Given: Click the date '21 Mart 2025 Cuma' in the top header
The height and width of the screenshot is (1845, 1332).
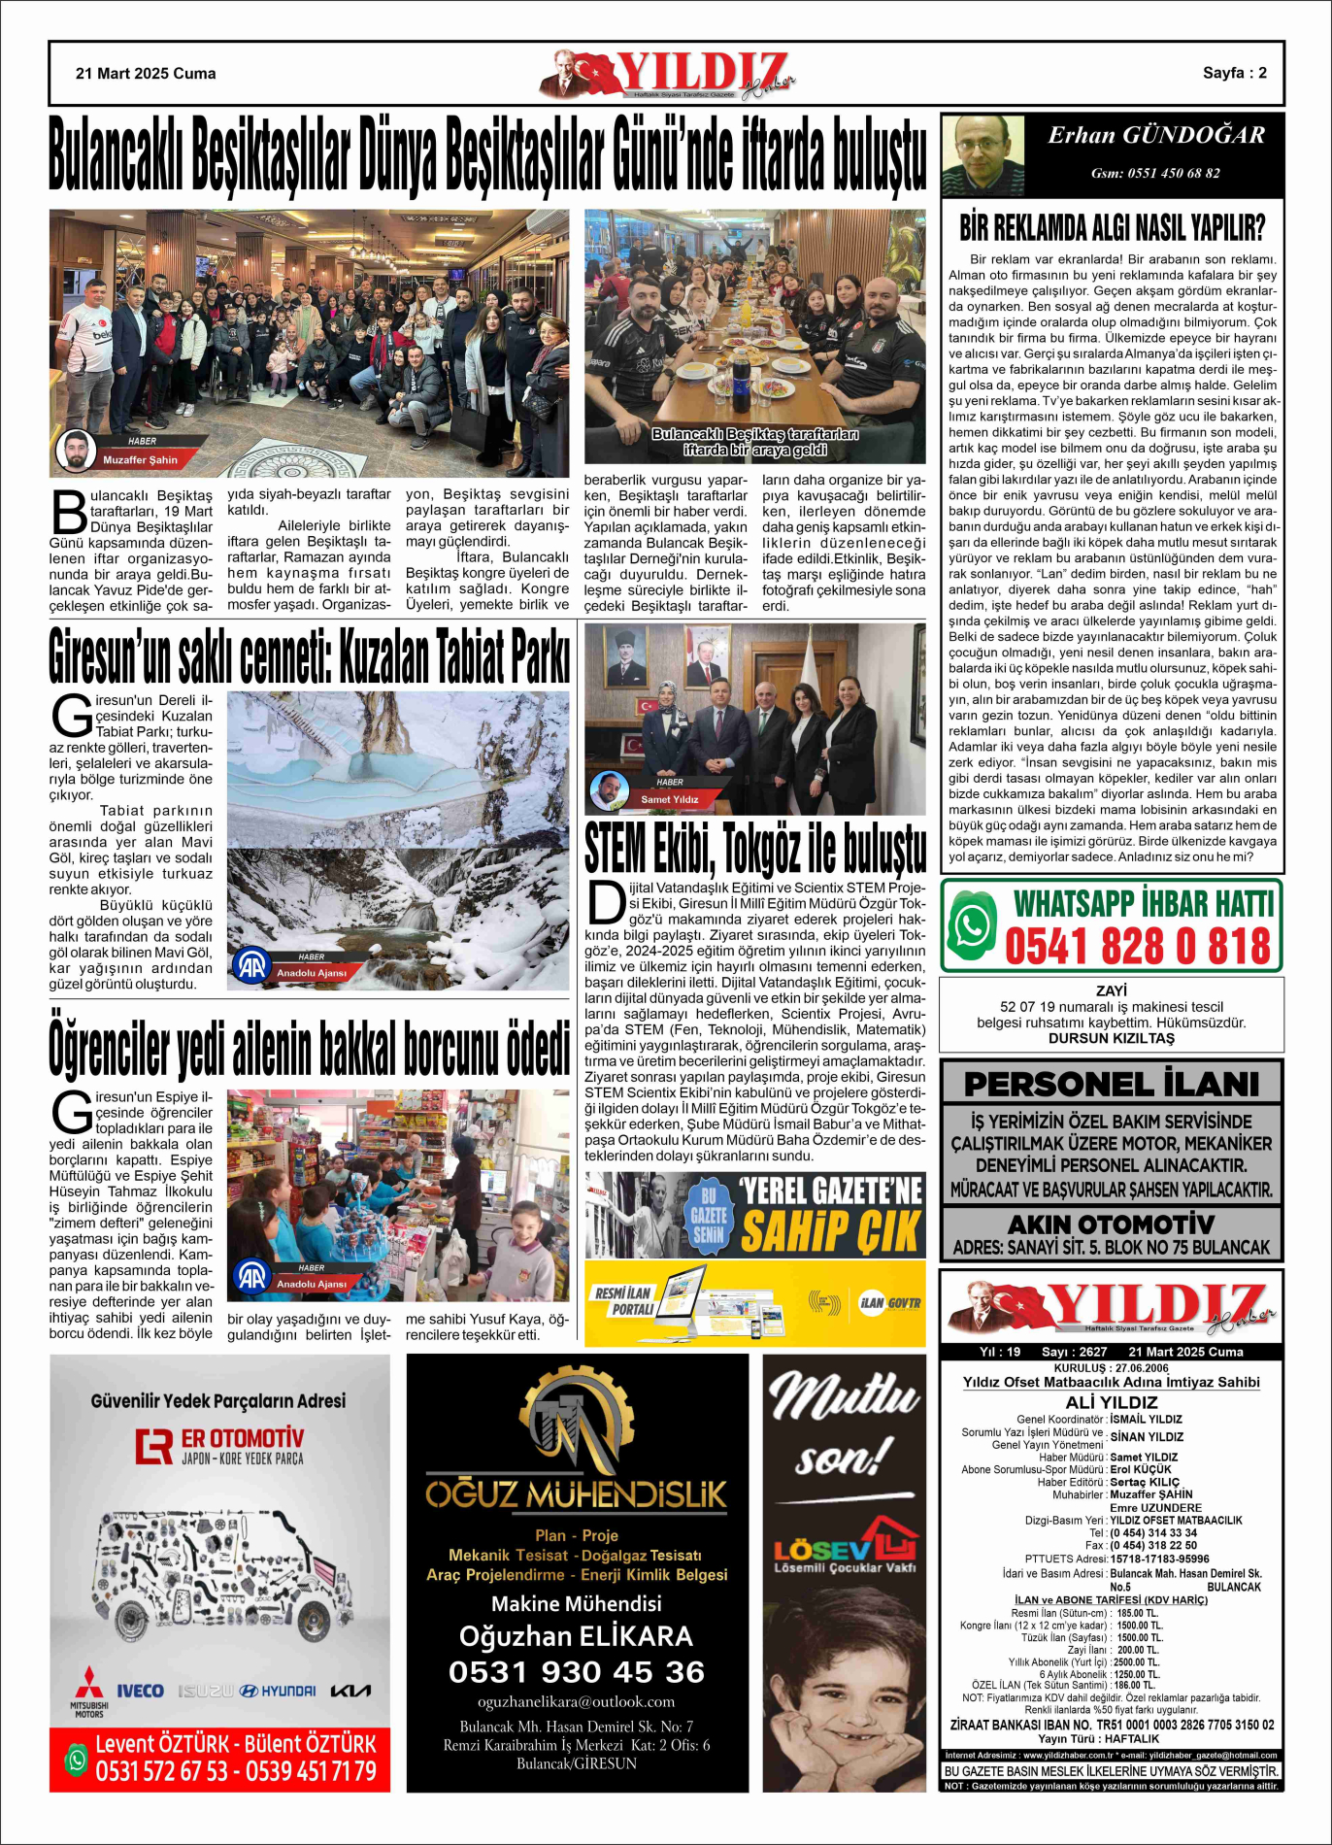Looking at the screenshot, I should (x=146, y=74).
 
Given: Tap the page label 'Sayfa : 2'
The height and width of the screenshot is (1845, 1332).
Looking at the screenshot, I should (x=1234, y=73).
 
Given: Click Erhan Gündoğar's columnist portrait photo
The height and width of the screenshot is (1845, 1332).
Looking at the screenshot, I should (x=983, y=155).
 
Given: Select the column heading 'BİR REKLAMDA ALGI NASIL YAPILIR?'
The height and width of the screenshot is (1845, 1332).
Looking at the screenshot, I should (x=1112, y=228).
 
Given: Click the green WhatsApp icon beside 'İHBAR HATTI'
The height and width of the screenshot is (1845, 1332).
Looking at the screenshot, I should (x=973, y=925).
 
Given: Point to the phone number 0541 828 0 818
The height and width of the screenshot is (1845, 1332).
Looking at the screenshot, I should (x=1137, y=947).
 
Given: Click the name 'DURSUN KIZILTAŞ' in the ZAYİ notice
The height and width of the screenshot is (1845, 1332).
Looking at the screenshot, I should (x=1111, y=1038).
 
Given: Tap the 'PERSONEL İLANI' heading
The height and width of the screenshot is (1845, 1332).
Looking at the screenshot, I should (x=1111, y=1083).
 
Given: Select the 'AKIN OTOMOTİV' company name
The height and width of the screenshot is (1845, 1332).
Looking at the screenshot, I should (x=1111, y=1224).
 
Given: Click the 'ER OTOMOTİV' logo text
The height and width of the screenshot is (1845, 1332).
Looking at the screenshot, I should (x=242, y=1437).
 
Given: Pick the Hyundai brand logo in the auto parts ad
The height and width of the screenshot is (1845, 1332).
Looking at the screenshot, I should (x=277, y=1691).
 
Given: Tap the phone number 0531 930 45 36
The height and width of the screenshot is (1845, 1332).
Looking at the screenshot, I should (x=577, y=1672).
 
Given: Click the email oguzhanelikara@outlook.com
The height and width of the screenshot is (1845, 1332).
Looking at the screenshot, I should (x=577, y=1702).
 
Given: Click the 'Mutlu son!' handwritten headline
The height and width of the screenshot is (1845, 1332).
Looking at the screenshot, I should (x=841, y=1423).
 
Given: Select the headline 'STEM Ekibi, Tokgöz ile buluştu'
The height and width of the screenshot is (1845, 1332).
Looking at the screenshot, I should (x=755, y=848).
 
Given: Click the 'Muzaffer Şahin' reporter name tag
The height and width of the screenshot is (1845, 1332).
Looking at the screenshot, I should (x=141, y=459).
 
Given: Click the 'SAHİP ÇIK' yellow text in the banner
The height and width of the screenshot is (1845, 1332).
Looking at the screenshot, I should (x=830, y=1232).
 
